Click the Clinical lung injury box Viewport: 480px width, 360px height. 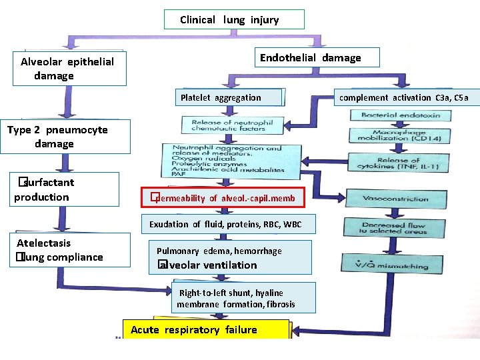click(234, 19)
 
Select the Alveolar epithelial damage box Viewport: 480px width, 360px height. click(73, 69)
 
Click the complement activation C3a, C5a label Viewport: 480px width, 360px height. click(404, 97)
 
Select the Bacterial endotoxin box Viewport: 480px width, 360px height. click(397, 115)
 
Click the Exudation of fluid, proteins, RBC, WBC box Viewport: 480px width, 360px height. click(225, 224)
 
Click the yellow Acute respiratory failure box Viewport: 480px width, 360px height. click(206, 330)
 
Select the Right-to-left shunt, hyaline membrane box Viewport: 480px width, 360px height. click(235, 299)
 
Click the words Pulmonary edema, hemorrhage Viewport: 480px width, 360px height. click(219, 251)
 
